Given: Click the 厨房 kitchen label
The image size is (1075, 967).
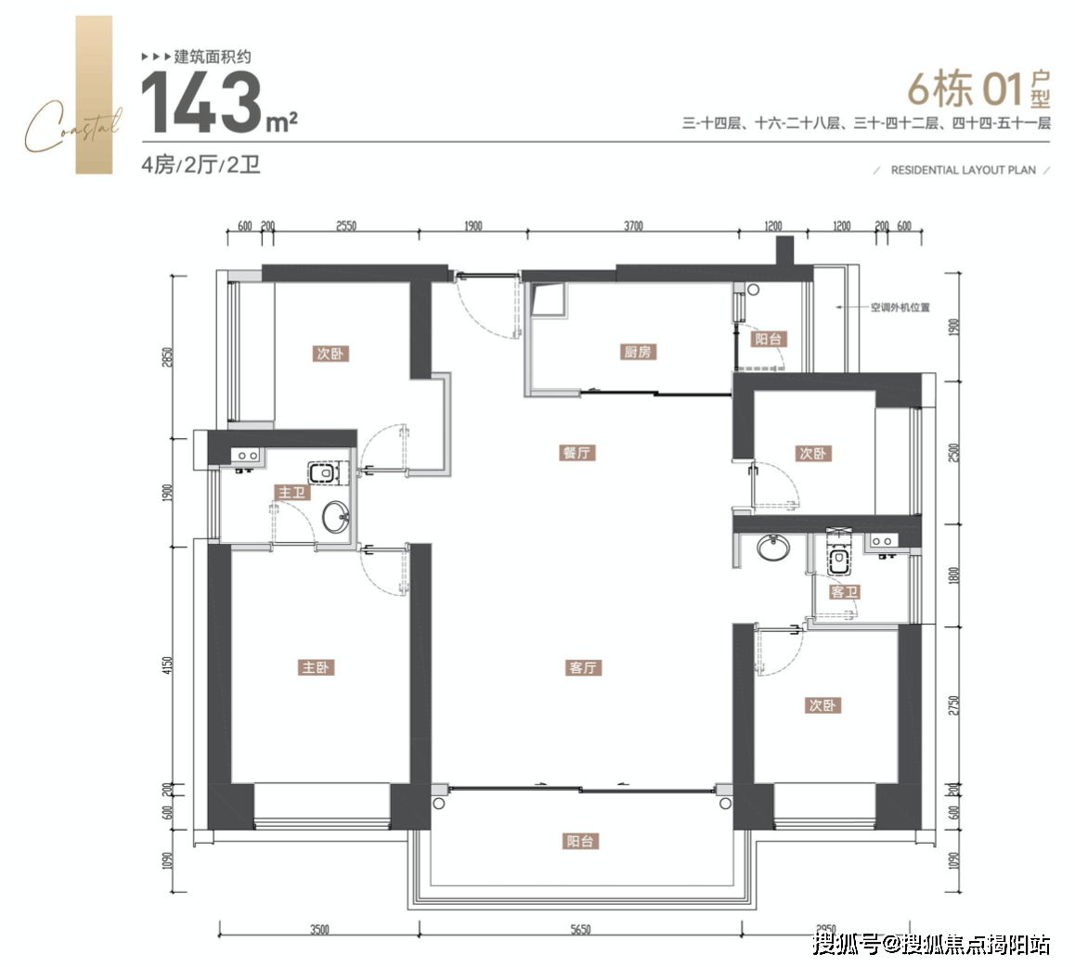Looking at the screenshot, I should [x=638, y=353].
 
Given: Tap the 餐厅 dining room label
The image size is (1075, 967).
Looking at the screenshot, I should [x=576, y=453].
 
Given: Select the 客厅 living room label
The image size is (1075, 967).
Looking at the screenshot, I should [x=582, y=667].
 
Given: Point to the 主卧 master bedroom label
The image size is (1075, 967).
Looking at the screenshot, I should [x=316, y=667].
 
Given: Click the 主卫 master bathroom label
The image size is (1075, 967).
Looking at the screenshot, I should [x=291, y=492].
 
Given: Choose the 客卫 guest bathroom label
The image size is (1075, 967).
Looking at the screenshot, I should [x=844, y=591].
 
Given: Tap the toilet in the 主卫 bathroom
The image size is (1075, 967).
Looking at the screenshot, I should [x=323, y=474].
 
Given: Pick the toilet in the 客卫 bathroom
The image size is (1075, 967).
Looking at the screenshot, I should [x=839, y=560].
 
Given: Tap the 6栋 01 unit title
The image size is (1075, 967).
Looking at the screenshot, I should [x=977, y=91].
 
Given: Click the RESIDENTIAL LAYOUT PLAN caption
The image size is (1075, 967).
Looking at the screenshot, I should [x=963, y=171].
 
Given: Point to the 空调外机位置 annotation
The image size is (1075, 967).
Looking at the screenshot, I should [x=900, y=307].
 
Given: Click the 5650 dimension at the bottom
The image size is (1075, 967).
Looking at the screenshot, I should [x=580, y=929].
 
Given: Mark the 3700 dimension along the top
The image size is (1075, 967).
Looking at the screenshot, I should [x=633, y=226].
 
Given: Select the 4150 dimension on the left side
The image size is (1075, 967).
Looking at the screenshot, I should [x=168, y=666].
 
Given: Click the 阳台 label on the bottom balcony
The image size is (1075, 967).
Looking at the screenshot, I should [x=580, y=842].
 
